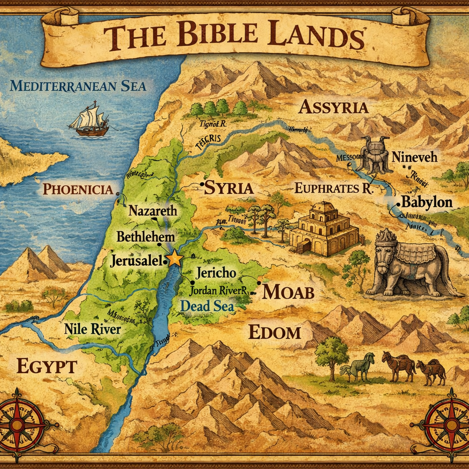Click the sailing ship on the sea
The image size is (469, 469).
(x=90, y=120)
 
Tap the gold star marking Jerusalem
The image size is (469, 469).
(x=175, y=259)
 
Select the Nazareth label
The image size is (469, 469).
(x=153, y=211)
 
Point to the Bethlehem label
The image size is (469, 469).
(x=146, y=237)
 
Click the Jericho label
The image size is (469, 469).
(x=215, y=273)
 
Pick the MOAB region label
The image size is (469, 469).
(x=288, y=292)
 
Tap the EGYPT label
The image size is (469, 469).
(x=47, y=366)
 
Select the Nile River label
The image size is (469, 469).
(x=93, y=329)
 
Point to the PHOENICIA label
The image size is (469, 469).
(x=78, y=189)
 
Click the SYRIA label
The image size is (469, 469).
(x=229, y=188)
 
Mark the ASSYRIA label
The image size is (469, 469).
(x=333, y=107)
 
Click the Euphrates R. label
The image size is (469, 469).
(x=334, y=188)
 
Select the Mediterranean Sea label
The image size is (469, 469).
(x=78, y=86)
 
